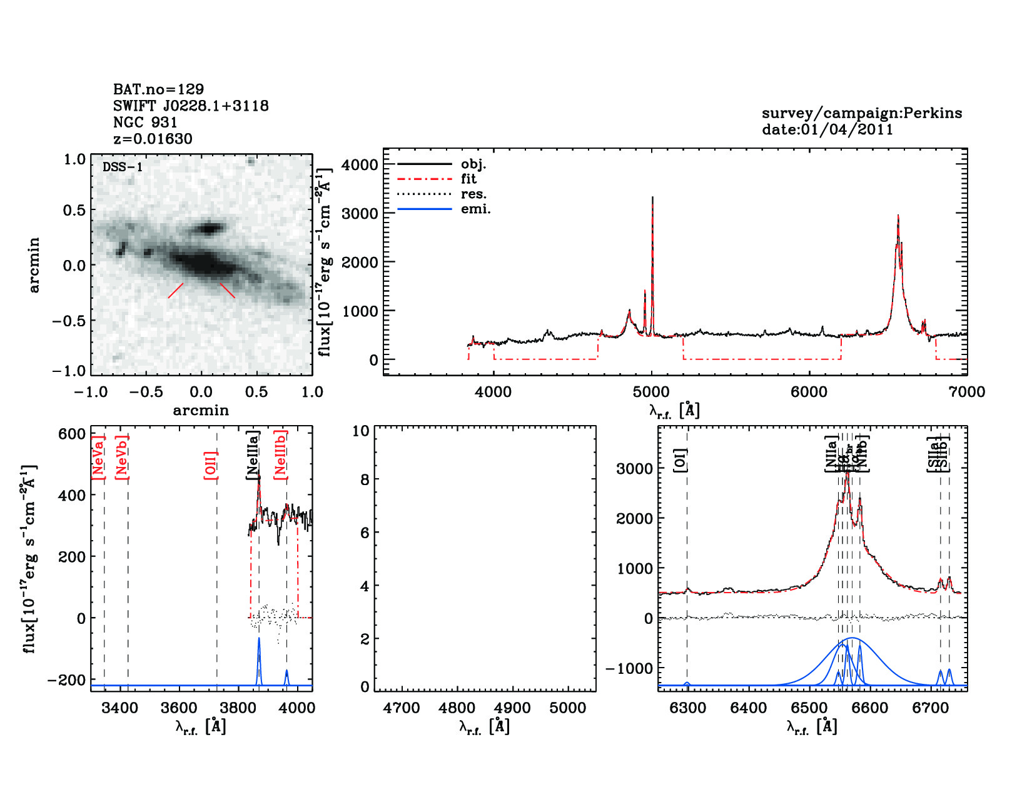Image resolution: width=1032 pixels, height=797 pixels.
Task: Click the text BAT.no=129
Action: click(x=158, y=89)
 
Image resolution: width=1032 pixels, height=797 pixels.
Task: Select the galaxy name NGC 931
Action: click(x=145, y=123)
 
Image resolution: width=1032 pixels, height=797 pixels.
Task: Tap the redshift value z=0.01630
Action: click(x=153, y=139)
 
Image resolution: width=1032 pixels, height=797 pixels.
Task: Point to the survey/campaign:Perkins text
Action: click(x=861, y=113)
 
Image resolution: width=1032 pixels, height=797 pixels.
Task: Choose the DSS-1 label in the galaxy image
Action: click(x=123, y=167)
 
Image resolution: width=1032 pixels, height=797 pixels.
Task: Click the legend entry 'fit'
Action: click(x=468, y=179)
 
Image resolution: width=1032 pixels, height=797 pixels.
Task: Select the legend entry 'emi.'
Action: click(x=475, y=209)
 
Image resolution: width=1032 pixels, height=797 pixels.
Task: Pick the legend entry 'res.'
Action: click(x=473, y=194)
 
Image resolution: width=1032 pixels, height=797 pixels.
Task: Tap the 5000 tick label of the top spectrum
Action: click(x=651, y=392)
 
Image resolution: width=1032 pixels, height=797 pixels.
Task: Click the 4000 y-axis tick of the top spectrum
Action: click(x=360, y=165)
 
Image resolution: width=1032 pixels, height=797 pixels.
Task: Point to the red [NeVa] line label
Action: click(x=98, y=457)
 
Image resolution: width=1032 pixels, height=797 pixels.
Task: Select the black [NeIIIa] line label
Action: click(x=253, y=455)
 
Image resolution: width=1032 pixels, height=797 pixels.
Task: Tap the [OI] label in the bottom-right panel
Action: click(x=680, y=461)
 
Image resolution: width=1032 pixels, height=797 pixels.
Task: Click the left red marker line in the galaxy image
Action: click(x=176, y=290)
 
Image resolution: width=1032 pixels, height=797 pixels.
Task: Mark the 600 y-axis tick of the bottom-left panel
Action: click(x=72, y=434)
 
